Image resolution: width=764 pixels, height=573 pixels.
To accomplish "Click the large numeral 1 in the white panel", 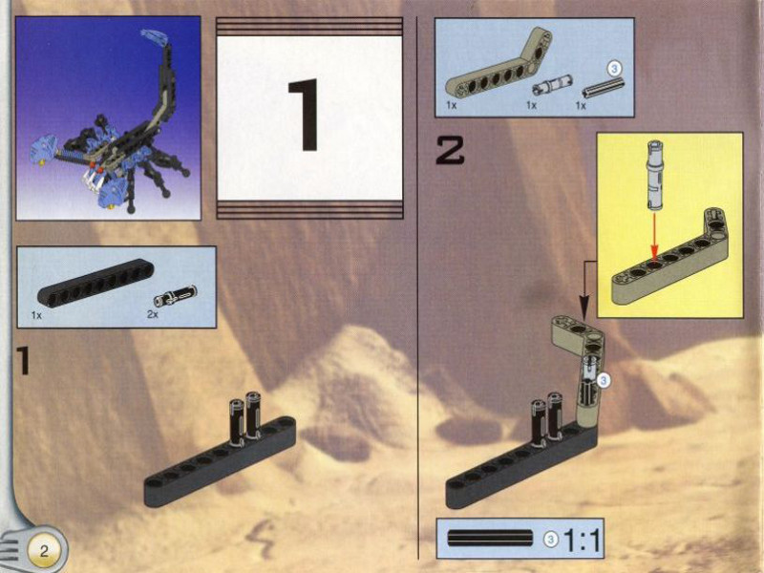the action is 305,115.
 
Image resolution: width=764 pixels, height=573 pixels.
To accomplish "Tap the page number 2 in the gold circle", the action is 44,551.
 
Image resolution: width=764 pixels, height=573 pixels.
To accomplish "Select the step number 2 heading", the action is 450,150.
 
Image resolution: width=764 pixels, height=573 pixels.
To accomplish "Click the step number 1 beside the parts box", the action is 22,360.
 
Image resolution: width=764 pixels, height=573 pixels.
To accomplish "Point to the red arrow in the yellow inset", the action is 654,236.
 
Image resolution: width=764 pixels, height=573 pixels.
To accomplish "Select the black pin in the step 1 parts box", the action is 176,295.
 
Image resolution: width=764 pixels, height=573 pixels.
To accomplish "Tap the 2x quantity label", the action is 153,315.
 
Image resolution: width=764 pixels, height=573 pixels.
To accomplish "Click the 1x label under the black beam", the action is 36,315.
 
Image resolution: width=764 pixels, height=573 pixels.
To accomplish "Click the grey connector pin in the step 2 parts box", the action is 552,85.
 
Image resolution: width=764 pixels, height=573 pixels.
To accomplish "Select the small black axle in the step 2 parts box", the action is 604,87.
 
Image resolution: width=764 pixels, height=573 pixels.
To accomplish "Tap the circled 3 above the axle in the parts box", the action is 614,69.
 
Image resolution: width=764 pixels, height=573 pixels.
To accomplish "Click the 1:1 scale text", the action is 582,540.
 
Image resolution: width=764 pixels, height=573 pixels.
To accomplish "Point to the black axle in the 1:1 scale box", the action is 490,538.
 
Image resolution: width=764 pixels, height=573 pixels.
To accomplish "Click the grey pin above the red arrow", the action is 655,176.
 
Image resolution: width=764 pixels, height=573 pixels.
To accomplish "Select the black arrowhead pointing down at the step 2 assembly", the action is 584,301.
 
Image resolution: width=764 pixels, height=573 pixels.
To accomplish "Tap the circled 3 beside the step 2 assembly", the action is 604,380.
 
